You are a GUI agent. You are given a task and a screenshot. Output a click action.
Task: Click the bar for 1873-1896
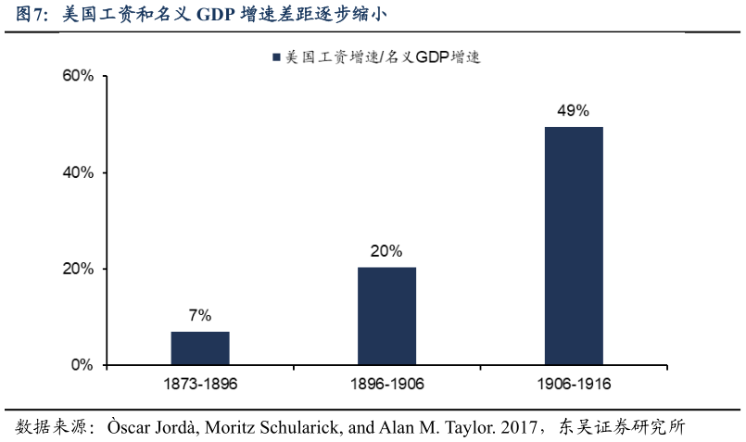click(200, 347)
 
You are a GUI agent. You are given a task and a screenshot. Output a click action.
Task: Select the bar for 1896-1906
click(386, 316)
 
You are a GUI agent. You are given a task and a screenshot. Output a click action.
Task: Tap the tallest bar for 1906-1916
click(574, 246)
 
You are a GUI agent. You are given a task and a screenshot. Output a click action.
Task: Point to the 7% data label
click(200, 315)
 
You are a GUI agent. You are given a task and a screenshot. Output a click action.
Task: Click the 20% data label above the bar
click(386, 250)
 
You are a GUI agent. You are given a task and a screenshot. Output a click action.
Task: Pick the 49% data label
click(573, 110)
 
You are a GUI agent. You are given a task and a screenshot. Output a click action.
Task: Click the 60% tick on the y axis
click(78, 76)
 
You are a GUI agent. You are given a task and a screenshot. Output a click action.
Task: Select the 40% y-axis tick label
click(78, 172)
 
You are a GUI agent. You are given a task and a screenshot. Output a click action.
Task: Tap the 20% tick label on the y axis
click(78, 269)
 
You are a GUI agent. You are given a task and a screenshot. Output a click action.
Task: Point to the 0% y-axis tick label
click(82, 365)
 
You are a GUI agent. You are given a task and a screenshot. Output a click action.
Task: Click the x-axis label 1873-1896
click(200, 384)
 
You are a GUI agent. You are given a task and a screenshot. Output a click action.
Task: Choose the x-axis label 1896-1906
click(386, 384)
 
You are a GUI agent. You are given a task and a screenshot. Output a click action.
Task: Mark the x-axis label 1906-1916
click(573, 384)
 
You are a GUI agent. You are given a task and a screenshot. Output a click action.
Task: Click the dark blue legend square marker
click(276, 57)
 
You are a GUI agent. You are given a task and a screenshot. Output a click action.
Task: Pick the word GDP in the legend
click(431, 57)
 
